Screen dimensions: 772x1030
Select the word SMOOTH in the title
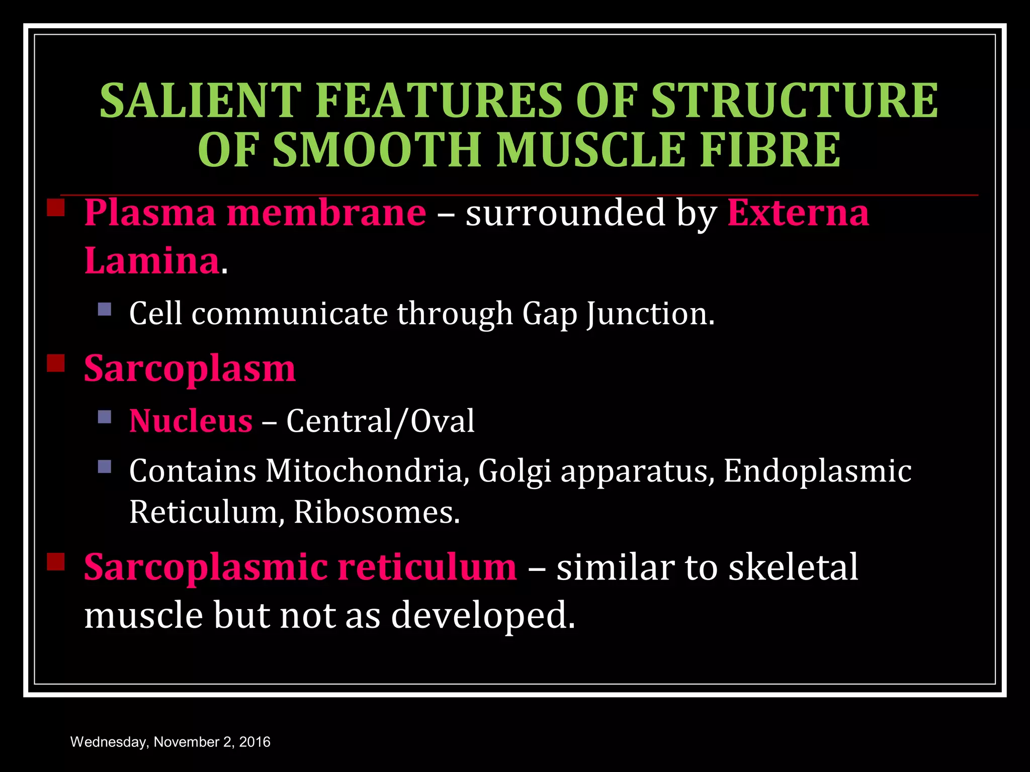coord(377,150)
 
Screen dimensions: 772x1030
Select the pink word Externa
coord(798,213)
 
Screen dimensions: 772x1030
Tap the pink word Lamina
coord(151,261)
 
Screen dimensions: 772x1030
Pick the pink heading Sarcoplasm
coord(190,368)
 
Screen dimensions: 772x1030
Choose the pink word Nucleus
coord(191,421)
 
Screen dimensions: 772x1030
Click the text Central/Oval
coord(380,421)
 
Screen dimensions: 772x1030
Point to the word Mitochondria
coord(364,471)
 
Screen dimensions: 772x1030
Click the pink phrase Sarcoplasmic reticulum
coord(300,567)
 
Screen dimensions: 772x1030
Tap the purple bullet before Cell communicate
coord(105,309)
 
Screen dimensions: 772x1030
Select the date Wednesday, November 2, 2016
coord(170,742)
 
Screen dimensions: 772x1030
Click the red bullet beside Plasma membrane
coord(56,208)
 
